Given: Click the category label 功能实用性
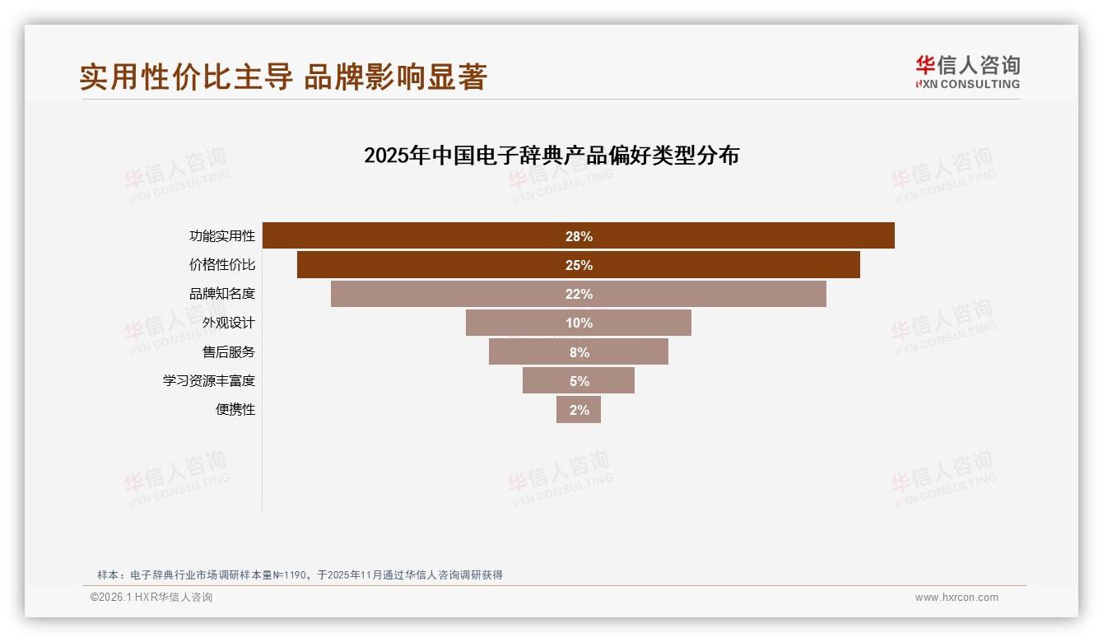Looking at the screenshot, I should [x=222, y=236].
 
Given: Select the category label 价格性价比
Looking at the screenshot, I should [x=222, y=265].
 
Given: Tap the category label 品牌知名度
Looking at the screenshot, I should [x=222, y=294].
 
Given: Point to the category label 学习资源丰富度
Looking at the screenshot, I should [x=209, y=381].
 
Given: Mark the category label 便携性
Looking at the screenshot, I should [x=235, y=410].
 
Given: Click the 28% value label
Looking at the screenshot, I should [x=579, y=236].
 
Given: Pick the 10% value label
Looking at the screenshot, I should [x=579, y=323].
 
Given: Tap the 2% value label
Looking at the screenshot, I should [x=579, y=410].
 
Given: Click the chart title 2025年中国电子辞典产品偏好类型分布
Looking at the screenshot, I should [x=551, y=156].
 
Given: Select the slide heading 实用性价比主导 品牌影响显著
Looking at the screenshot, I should [x=284, y=77].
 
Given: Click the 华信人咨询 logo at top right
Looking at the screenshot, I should [x=967, y=72].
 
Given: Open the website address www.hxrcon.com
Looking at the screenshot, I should [x=956, y=598].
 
